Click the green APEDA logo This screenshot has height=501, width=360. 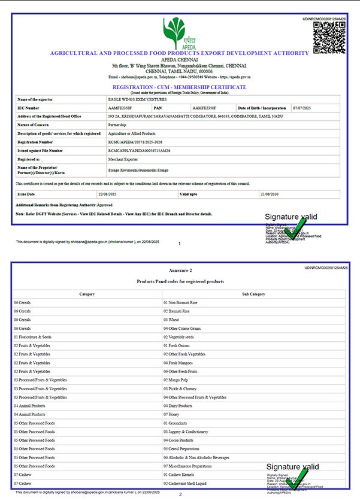[179, 33]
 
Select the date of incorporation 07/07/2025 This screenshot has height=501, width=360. [300, 108]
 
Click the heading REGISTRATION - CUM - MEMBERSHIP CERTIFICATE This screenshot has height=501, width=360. [180, 87]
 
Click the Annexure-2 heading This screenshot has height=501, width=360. [180, 271]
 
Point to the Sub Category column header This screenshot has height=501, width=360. [253, 294]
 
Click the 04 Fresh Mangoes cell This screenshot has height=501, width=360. [179, 363]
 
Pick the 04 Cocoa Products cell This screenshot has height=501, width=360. [179, 440]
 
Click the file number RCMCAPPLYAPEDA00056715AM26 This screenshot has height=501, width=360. [139, 151]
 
